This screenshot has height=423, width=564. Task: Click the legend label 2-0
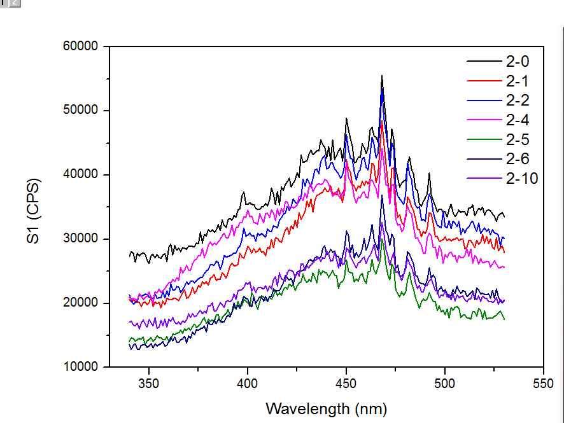click(518, 62)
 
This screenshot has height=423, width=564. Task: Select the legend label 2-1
click(518, 81)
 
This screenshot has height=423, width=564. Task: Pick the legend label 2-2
click(518, 101)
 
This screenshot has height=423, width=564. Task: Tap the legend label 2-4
click(518, 120)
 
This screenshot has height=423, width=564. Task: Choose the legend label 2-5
click(518, 140)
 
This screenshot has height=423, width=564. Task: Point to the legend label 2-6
click(518, 159)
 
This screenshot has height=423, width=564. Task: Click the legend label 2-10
click(522, 179)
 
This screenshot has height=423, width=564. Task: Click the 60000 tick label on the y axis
click(80, 46)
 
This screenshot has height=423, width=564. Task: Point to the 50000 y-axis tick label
click(80, 111)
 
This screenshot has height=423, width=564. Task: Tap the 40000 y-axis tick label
click(80, 175)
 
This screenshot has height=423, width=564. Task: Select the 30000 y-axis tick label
click(80, 239)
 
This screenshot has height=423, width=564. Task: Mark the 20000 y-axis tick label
click(80, 303)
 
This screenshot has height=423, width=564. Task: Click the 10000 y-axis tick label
click(80, 367)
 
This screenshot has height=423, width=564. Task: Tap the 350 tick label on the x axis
click(149, 384)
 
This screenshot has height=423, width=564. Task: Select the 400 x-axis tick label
click(248, 384)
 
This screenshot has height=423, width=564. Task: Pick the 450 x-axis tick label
click(346, 384)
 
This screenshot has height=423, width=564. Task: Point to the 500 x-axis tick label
click(445, 384)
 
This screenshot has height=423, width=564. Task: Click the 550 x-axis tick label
click(543, 384)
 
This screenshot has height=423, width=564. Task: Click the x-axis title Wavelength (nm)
click(326, 408)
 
